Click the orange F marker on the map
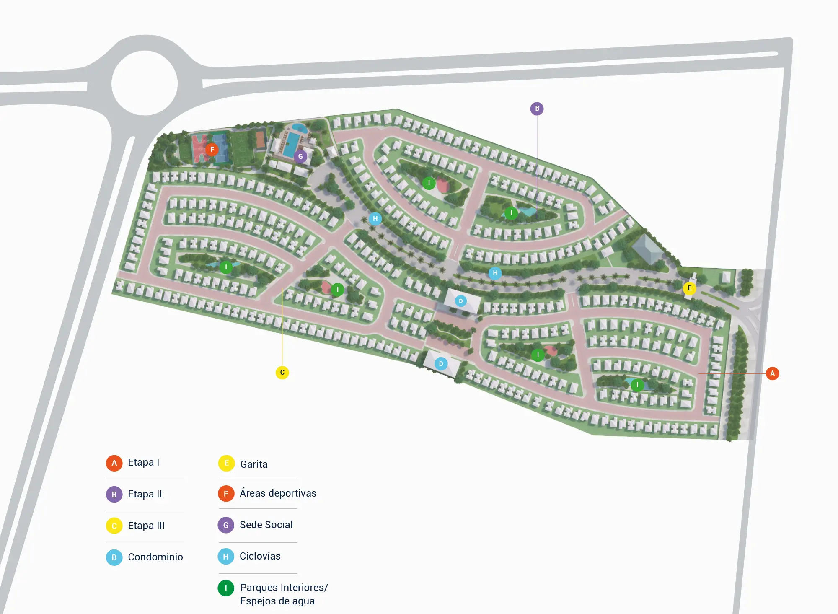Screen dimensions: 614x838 coord(212,149)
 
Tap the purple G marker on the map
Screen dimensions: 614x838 coord(300,157)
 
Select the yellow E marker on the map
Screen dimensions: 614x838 coord(689,288)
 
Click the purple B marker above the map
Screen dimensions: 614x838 coord(537,109)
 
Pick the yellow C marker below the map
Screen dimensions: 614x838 coord(282,372)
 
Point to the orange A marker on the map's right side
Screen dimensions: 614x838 coord(772,373)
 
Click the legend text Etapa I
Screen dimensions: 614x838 coord(143,462)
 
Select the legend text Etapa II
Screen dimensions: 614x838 coord(145,494)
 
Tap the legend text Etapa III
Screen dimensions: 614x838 coord(146,526)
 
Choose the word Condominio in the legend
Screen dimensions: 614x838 coord(155,557)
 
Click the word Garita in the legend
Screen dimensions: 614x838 coord(253,464)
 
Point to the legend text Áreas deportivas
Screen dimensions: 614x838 coord(278,493)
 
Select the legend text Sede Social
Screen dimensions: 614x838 coord(266,525)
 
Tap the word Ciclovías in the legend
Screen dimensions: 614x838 coord(260,556)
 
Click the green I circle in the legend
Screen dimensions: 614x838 coord(226,588)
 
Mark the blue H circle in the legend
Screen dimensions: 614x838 coord(226,557)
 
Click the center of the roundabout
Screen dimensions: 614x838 coord(145,83)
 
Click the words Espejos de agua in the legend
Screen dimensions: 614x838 coord(277,601)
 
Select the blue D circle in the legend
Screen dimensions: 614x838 coord(114,557)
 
